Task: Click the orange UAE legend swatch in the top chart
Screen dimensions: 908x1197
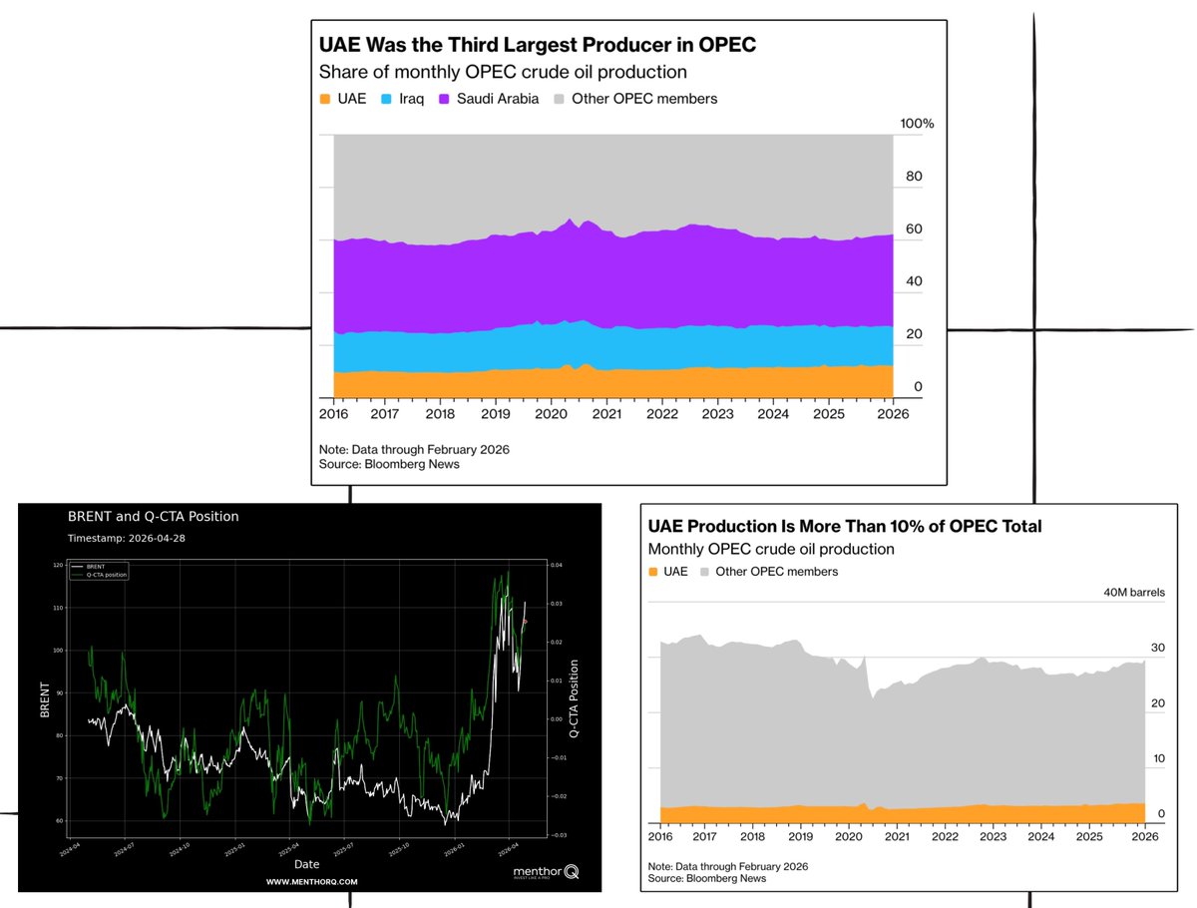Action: tap(325, 99)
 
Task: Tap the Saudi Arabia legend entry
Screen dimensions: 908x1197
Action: tap(497, 99)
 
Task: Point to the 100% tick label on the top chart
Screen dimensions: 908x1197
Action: tap(917, 124)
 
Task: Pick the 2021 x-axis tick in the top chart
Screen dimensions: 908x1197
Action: tap(606, 414)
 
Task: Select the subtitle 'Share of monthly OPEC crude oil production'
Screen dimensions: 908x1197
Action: tap(503, 72)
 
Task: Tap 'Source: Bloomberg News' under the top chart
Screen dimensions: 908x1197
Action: tap(389, 464)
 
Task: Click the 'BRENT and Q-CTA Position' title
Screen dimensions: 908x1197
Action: tap(153, 516)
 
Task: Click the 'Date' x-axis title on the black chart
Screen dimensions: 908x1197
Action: tap(307, 864)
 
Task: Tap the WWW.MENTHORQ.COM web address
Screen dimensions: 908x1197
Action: tap(311, 882)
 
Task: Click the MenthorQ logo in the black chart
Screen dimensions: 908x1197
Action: tap(546, 872)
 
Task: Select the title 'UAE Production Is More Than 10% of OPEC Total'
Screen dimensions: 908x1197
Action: tap(844, 526)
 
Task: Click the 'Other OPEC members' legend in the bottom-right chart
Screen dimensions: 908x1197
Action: tap(767, 572)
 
